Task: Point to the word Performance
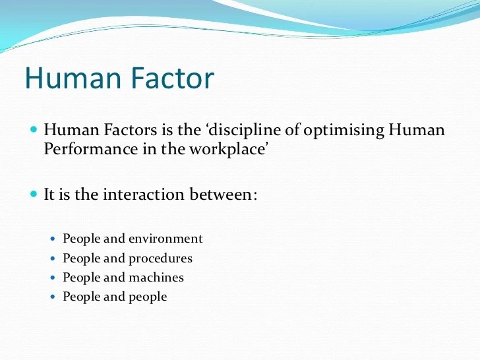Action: pos(86,148)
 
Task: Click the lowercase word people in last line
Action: pos(144,297)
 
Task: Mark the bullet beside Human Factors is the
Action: pos(34,130)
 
